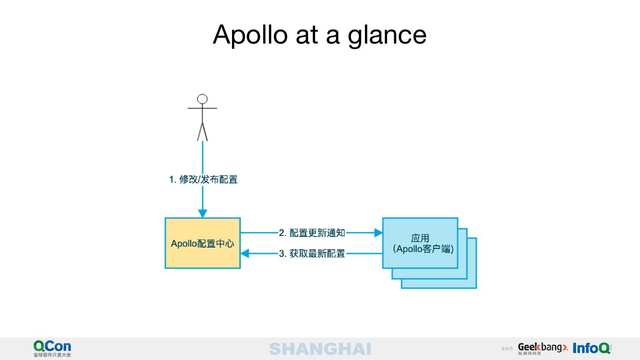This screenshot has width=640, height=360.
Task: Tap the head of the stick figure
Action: [x=203, y=99]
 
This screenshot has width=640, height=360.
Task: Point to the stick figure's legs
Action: [x=203, y=131]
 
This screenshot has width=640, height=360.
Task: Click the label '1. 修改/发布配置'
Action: [x=203, y=180]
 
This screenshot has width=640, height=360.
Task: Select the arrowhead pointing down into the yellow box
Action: [x=203, y=213]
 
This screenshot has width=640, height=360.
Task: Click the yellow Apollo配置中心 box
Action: [x=203, y=243]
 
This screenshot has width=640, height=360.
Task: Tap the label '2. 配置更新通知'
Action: [x=312, y=233]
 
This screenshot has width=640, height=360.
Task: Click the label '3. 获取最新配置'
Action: [x=312, y=254]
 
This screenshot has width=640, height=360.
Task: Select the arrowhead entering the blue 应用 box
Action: [x=378, y=232]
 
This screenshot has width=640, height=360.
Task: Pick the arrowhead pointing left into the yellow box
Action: [x=245, y=254]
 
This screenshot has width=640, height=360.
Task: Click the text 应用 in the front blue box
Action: [x=420, y=239]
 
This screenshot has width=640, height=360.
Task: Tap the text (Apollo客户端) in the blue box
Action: [x=423, y=249]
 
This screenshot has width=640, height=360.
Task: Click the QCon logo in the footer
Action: [x=52, y=346]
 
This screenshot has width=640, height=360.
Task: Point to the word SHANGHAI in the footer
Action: [x=320, y=349]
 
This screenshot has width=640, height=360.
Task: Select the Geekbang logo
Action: [x=543, y=348]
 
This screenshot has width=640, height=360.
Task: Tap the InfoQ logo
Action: [x=592, y=348]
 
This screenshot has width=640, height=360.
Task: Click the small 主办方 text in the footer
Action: [x=507, y=349]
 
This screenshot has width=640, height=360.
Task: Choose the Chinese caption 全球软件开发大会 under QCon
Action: [x=52, y=355]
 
